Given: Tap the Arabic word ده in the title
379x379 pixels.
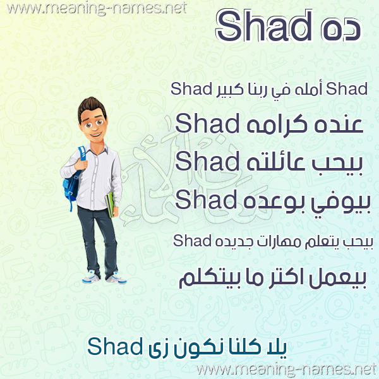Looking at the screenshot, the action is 341,30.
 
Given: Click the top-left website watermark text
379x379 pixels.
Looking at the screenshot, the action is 97,9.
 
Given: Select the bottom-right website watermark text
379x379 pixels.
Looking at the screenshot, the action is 287,370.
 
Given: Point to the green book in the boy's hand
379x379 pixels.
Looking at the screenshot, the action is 110,205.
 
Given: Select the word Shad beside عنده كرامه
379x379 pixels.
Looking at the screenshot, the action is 207,123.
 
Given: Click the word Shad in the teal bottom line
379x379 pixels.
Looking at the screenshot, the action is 115,346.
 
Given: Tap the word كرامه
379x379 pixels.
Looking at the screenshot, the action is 277,124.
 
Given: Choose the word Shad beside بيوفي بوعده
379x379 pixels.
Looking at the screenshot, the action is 206,200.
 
